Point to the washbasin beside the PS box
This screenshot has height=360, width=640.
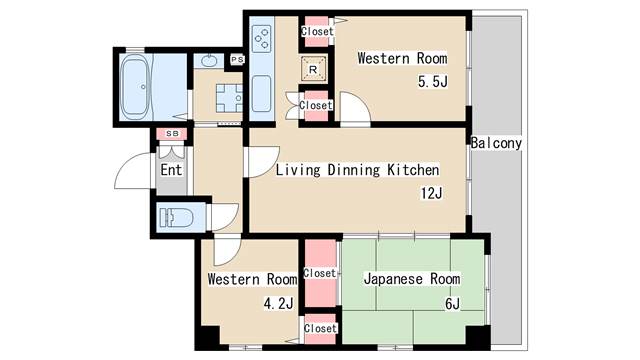pos(209,61)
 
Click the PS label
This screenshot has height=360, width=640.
pos(236,60)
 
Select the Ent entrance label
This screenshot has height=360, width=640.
pos(171,169)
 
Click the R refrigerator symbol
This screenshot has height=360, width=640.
pos(314,70)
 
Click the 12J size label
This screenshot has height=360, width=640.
pos(431,193)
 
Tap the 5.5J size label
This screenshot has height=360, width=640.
pos(432,81)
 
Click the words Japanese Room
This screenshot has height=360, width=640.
pos(411,279)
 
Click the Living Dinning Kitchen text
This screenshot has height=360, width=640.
pos(357,169)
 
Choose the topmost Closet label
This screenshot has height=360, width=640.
pos(317,31)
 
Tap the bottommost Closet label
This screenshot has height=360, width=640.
pos(320,328)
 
